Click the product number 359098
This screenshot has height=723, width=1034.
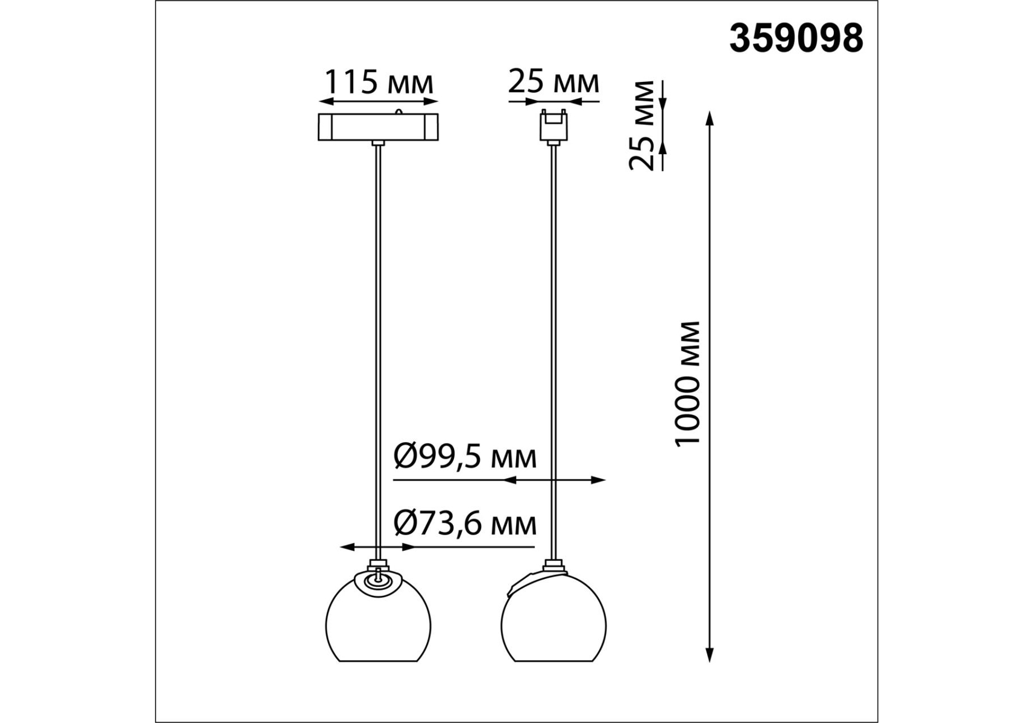796,39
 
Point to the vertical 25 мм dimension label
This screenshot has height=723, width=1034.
642,125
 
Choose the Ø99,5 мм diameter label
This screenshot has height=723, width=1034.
464,457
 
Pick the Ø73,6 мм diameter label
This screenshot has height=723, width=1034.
464,523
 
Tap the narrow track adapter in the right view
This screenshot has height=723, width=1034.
553,126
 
